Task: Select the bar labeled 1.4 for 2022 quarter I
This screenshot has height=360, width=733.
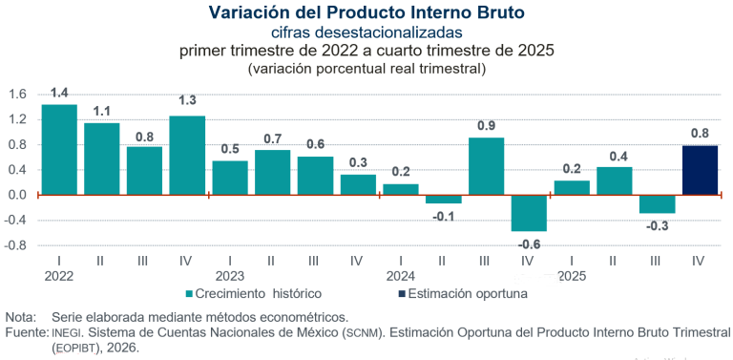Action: click(59, 149)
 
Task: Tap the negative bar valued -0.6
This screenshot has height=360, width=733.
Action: click(529, 213)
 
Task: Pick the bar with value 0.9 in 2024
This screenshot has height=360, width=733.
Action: click(486, 166)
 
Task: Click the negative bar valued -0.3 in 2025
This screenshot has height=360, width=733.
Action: click(657, 203)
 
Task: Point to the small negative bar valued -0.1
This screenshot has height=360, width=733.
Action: click(443, 199)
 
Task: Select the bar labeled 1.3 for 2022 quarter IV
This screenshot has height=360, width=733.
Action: click(187, 155)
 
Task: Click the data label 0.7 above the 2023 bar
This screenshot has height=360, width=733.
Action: click(273, 138)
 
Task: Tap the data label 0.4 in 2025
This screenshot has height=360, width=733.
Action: click(615, 156)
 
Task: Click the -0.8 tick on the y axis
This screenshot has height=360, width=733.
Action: click(15, 245)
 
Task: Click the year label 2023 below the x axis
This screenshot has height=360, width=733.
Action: click(229, 276)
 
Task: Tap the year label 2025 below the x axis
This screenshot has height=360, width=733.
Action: click(571, 276)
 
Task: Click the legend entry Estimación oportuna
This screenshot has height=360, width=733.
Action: click(467, 294)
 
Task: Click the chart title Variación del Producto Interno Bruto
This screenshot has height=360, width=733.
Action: click(366, 12)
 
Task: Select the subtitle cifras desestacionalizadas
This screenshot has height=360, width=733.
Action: click(366, 32)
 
